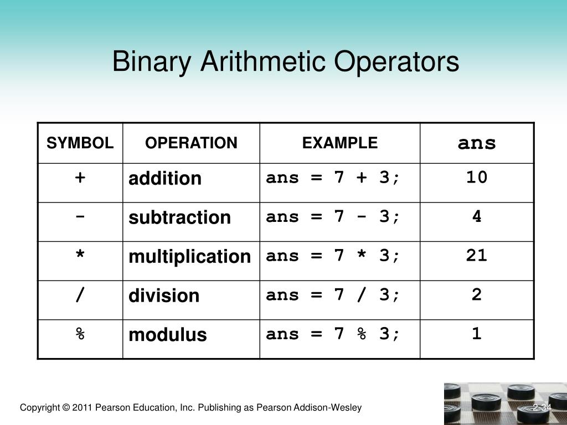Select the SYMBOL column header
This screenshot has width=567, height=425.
(80, 143)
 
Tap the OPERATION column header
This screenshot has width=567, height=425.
(191, 143)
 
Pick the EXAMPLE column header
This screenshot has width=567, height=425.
(339, 143)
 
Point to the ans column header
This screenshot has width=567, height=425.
(477, 143)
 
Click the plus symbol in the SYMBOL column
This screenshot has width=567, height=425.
(80, 178)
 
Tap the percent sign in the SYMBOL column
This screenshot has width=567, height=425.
(80, 334)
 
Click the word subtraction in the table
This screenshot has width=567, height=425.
(179, 217)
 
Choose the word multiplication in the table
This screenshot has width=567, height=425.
(189, 257)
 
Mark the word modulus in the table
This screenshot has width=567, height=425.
(167, 335)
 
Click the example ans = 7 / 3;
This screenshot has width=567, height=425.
(332, 295)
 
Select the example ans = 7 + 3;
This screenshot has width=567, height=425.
(332, 178)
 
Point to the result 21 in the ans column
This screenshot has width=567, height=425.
(477, 255)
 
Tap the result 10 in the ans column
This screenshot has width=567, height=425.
(477, 177)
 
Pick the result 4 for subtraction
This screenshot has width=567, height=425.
(477, 216)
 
